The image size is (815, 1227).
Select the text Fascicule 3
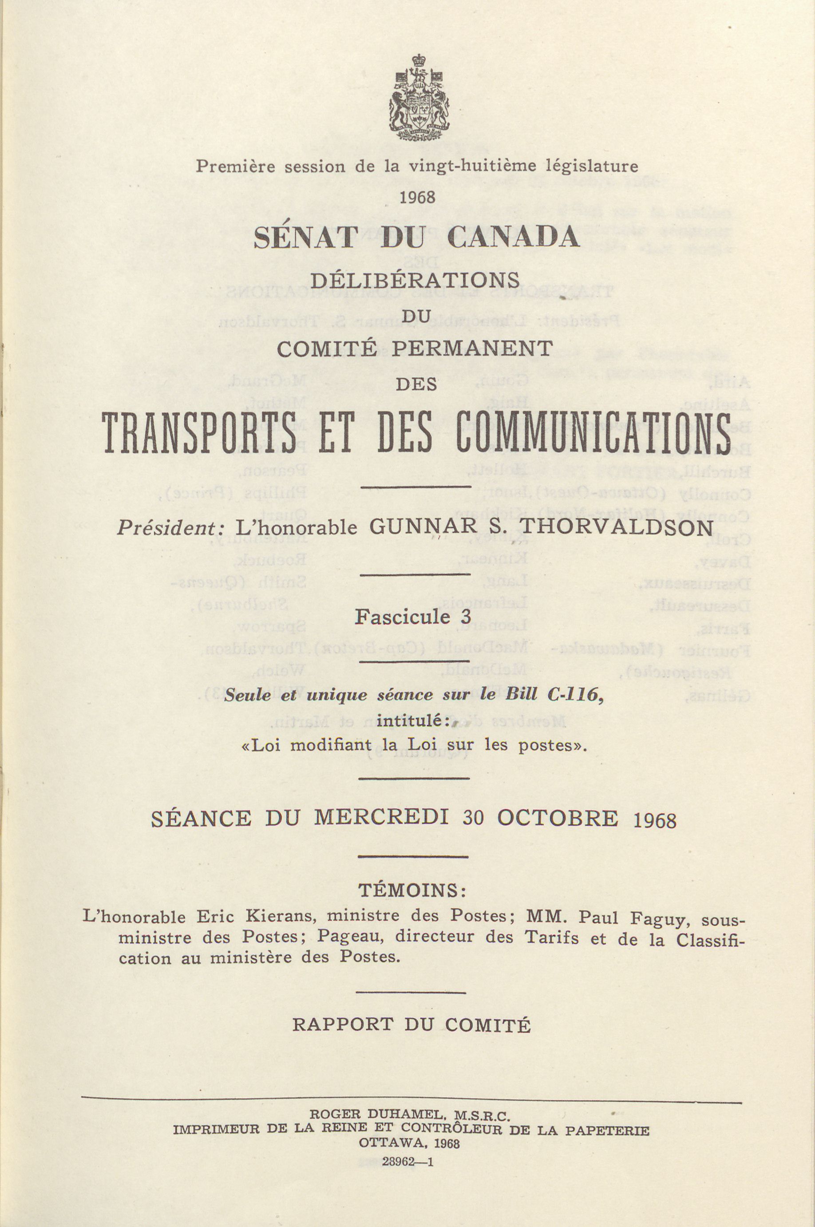(x=413, y=617)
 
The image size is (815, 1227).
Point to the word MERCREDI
(x=381, y=819)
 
